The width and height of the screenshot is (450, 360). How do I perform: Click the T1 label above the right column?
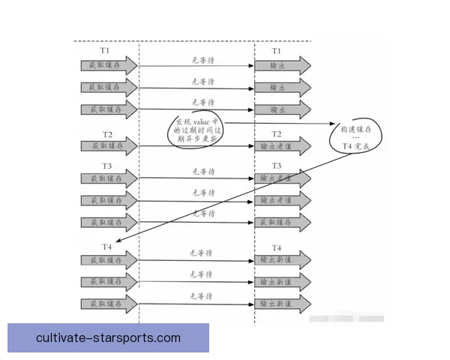276,51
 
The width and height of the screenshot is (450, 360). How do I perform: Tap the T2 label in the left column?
107,134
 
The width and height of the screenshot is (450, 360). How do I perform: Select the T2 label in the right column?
276,134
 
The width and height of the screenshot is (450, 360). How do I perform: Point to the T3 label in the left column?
107,166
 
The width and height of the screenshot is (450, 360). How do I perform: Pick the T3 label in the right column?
276,166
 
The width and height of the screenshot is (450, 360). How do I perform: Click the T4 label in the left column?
107,247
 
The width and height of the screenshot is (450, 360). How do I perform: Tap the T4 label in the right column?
276,247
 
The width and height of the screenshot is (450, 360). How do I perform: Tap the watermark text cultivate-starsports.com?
108,337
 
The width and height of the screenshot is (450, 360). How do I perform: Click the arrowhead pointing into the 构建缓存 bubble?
332,124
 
